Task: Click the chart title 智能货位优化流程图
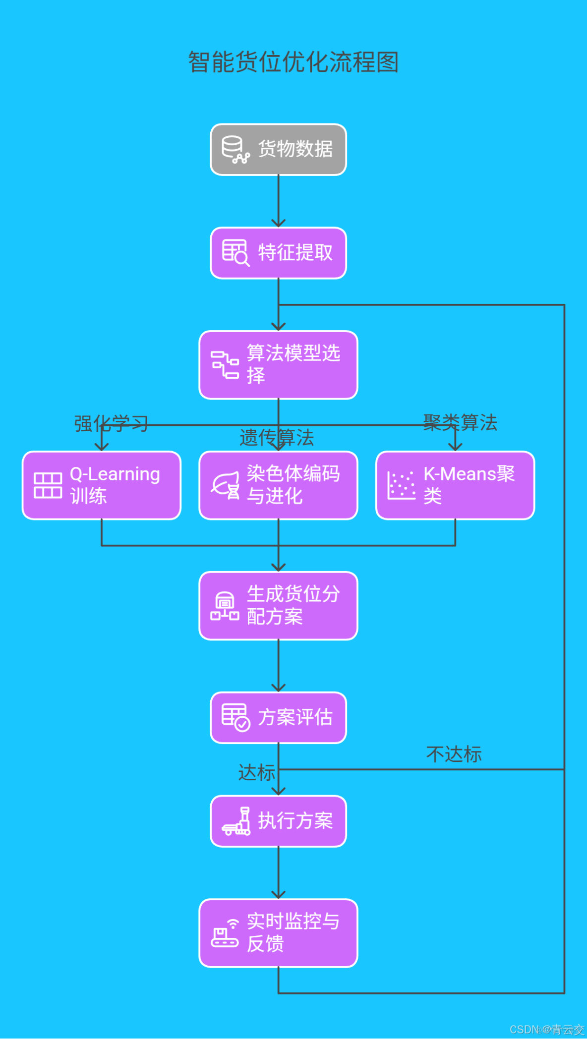[293, 62]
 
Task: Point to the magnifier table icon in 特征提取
[235, 253]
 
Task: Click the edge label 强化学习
[111, 423]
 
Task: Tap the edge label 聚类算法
[460, 422]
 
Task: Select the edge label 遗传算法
[276, 438]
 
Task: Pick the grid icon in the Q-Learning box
[48, 485]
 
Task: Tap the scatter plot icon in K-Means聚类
[401, 485]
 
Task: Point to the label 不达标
[454, 754]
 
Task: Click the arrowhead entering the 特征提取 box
[278, 223]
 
